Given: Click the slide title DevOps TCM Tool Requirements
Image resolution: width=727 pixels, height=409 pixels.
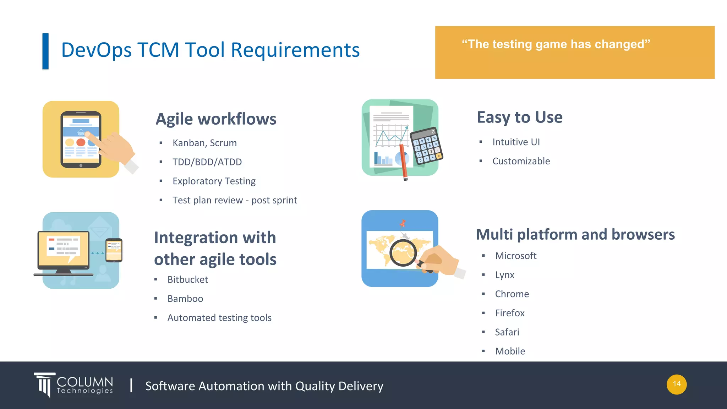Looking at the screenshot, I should click(210, 50).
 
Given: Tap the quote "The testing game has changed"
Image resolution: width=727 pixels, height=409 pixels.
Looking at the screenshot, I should click(556, 44).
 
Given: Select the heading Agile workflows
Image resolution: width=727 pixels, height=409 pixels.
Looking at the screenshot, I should click(216, 119).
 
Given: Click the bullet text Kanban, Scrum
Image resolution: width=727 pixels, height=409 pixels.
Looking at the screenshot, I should click(204, 143).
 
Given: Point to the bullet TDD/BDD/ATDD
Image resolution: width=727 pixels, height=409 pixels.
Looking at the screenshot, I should click(207, 162).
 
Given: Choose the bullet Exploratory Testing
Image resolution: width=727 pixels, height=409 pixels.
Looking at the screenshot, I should click(214, 181).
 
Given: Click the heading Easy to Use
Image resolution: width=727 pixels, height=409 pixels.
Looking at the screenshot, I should click(519, 117).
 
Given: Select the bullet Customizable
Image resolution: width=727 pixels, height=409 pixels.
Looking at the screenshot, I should click(521, 161).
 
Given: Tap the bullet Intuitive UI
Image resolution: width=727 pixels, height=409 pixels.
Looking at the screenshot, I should click(516, 142).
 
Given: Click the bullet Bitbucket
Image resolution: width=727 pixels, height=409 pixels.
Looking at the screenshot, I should click(187, 280).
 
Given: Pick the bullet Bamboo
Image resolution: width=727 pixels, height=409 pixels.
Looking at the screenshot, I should click(185, 299).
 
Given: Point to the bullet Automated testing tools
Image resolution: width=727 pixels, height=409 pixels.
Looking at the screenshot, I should click(219, 318).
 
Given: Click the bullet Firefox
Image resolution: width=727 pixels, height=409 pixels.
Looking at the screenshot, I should click(509, 313).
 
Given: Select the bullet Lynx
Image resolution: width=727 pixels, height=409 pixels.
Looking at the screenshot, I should click(504, 275).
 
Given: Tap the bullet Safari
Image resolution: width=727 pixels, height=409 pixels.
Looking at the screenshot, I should click(507, 332).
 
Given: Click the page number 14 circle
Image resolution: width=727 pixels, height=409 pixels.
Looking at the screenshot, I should click(676, 384).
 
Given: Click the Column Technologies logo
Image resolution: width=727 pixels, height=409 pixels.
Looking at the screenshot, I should click(74, 385).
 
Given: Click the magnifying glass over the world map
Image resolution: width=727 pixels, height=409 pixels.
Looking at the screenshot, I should click(403, 253).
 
